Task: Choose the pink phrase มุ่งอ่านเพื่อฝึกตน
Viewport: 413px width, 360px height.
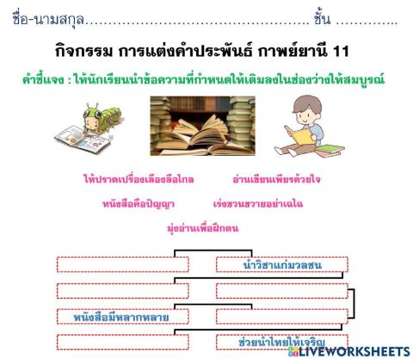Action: tap(204, 228)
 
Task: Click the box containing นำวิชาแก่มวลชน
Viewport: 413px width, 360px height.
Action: tap(281, 264)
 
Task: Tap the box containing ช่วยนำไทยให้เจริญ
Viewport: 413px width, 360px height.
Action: tap(281, 343)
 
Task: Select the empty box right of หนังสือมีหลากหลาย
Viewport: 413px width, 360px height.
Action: tap(281, 317)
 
